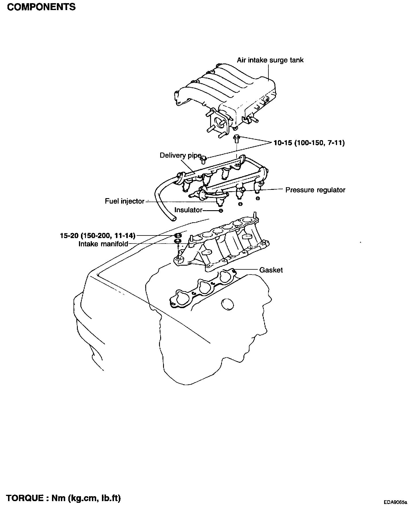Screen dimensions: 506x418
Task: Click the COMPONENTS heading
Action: pos(41,7)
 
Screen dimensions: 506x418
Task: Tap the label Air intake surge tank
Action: pos(270,60)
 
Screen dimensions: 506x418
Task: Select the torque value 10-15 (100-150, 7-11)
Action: pos(309,143)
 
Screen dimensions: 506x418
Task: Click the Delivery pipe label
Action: pos(180,156)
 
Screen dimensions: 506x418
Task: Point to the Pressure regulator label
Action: pos(315,190)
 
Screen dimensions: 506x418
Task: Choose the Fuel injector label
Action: pos(125,201)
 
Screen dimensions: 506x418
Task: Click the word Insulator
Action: pos(188,210)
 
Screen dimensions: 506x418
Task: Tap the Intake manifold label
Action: pos(103,244)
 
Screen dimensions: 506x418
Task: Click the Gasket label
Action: pos(271,270)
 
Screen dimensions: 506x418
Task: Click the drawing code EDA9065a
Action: pos(396,502)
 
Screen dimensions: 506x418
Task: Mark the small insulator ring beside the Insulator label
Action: pos(220,211)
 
